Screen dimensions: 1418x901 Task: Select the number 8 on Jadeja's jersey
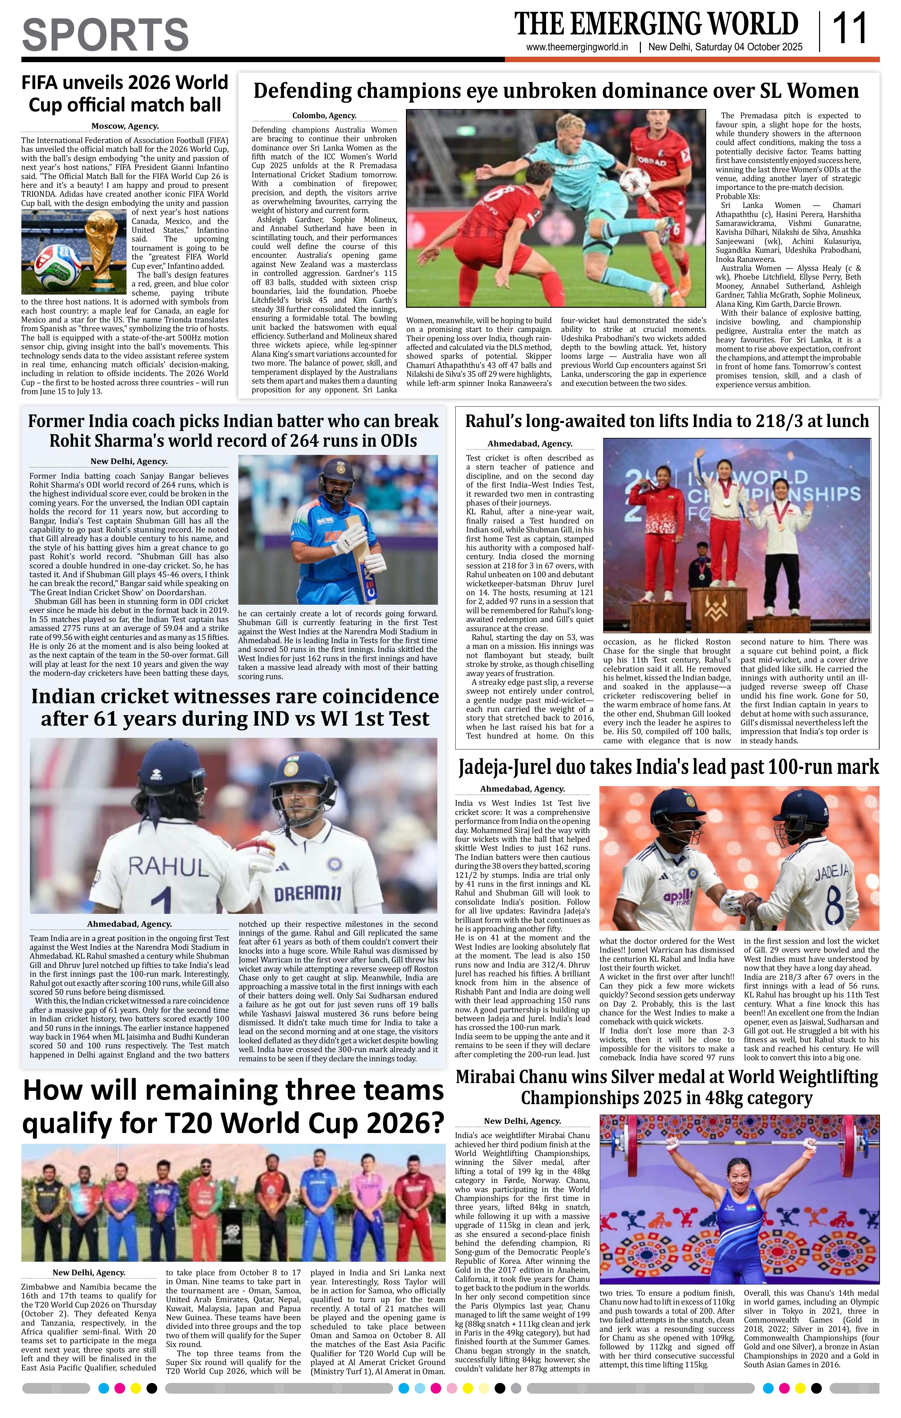(x=833, y=900)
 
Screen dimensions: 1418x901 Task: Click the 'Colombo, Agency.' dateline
(x=324, y=116)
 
